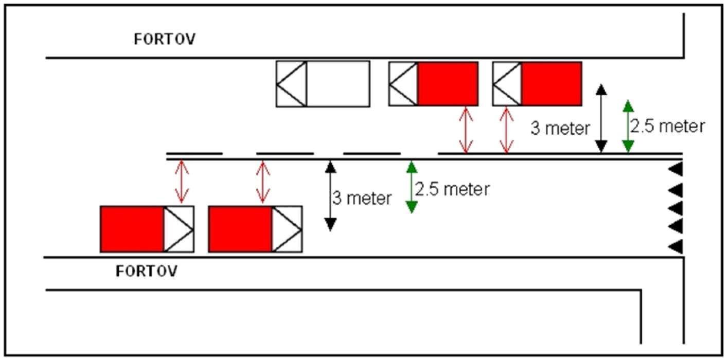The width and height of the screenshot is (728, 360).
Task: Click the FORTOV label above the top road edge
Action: (165, 39)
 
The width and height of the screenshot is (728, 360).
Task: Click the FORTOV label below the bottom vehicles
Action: (147, 271)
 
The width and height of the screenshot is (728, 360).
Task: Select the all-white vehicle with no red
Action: (323, 84)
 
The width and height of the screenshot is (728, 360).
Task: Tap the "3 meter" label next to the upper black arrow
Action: (560, 128)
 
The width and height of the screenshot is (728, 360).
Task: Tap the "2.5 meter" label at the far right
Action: (668, 126)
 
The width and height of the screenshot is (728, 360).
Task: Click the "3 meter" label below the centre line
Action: (362, 198)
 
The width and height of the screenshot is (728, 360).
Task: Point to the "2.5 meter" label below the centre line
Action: (452, 189)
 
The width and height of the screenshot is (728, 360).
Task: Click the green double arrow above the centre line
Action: (628, 126)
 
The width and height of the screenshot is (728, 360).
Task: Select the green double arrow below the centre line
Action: (412, 187)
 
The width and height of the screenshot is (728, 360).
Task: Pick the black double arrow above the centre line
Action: (601, 118)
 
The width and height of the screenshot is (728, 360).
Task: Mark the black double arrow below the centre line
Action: (330, 196)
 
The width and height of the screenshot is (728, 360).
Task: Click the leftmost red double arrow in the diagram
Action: (182, 182)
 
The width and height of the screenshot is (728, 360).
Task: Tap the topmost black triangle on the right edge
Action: (676, 169)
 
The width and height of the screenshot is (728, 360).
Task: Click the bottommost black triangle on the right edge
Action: (676, 246)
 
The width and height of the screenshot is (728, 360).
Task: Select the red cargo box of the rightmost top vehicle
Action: (552, 84)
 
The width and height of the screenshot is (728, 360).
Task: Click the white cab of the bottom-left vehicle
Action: (179, 229)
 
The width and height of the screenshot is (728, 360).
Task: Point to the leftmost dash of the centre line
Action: (194, 153)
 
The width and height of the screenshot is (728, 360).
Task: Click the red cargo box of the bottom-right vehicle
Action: (240, 229)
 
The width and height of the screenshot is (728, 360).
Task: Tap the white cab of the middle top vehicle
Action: (403, 84)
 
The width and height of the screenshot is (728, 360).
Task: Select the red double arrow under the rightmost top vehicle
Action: (506, 130)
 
